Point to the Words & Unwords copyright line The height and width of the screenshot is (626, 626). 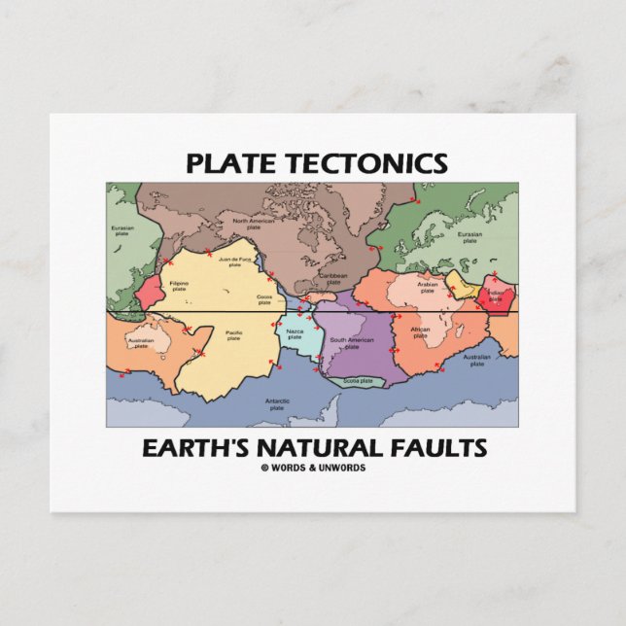(x=313, y=468)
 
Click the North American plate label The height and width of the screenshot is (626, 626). (x=254, y=223)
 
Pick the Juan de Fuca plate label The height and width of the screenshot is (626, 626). (x=236, y=262)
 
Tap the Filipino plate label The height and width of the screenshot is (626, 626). (x=179, y=285)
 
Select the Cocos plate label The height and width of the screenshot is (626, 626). (x=263, y=298)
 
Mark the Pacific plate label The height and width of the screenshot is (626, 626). (x=233, y=335)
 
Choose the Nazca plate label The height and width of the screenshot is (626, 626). (x=295, y=335)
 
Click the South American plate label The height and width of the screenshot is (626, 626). (x=351, y=342)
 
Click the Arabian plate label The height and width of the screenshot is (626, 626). (x=428, y=288)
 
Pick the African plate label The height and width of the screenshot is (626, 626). (x=420, y=332)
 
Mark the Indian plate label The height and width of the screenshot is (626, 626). (x=496, y=296)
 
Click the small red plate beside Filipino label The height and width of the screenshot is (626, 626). (x=151, y=291)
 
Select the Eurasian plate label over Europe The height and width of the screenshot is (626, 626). (x=469, y=239)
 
